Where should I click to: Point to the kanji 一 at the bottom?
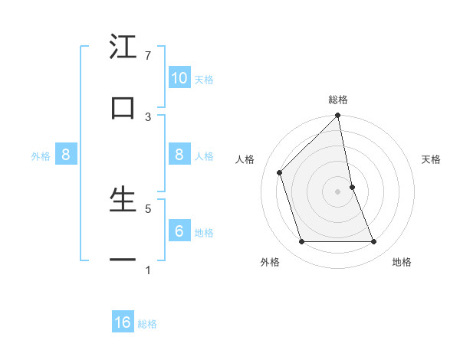(x=123, y=260)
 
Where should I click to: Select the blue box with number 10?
(x=179, y=78)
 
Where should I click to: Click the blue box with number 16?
(x=123, y=323)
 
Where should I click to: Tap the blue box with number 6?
(x=179, y=231)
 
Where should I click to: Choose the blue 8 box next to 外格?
(x=66, y=155)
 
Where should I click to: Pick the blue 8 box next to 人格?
(x=179, y=155)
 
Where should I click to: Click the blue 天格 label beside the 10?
(x=204, y=80)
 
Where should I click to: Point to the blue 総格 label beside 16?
(x=147, y=324)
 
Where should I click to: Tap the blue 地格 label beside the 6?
(x=204, y=233)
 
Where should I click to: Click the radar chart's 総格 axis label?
(x=338, y=100)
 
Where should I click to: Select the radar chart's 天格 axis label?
(x=432, y=159)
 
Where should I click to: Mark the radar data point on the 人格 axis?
(x=280, y=172)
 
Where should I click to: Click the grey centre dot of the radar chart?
(x=338, y=191)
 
